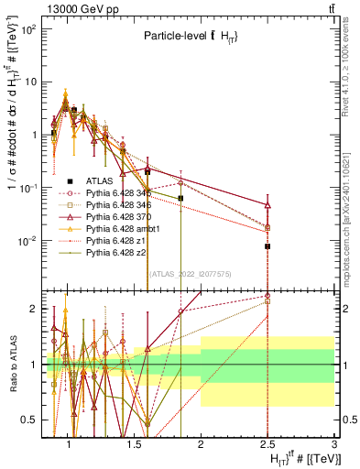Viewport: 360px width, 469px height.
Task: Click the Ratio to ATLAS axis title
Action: (x=13, y=365)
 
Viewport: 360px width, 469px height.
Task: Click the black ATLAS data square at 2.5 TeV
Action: (x=267, y=246)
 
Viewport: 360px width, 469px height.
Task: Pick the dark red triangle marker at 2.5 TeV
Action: (x=267, y=206)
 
